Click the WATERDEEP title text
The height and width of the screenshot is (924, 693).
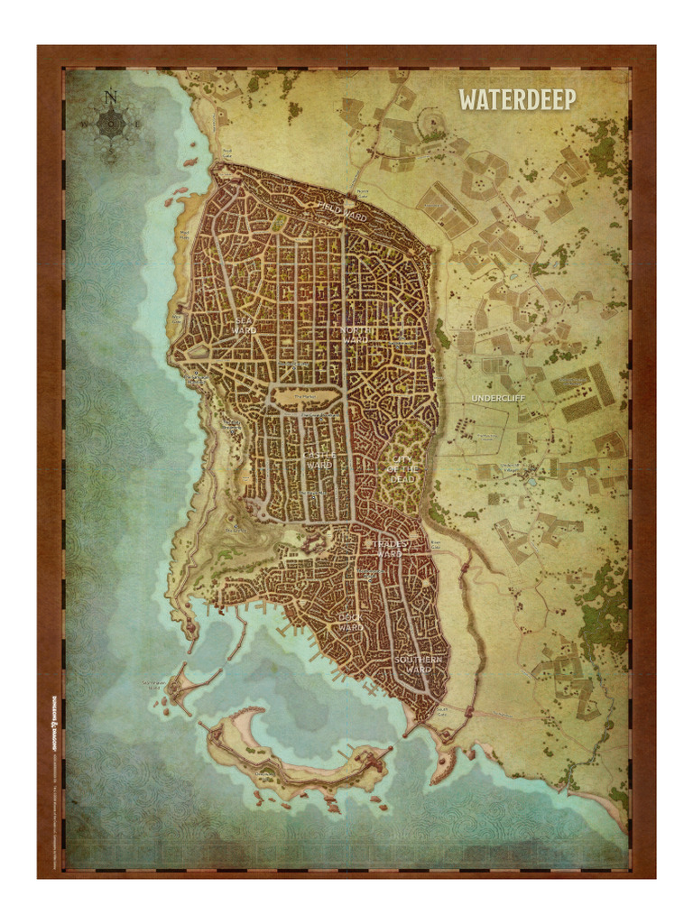[x=517, y=99]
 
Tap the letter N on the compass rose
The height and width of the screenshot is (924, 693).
[x=110, y=94]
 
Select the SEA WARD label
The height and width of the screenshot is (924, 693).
[x=244, y=326]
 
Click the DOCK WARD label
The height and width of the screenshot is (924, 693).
[x=350, y=622]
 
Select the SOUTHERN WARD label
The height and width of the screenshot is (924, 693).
[x=419, y=665]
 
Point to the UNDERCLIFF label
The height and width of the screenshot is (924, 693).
[x=497, y=398]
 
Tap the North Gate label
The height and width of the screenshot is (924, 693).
[x=363, y=192]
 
